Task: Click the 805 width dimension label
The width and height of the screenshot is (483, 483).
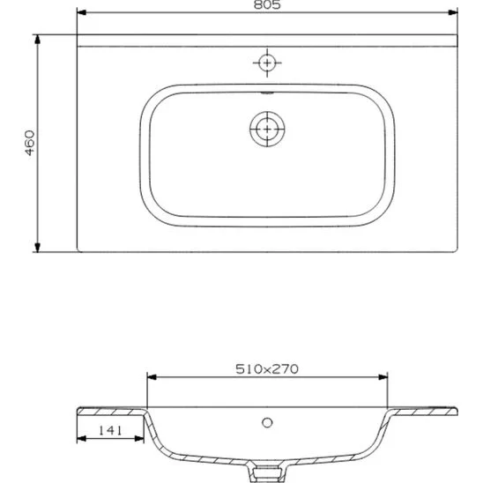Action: (268, 6)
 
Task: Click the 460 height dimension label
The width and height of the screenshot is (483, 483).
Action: (29, 143)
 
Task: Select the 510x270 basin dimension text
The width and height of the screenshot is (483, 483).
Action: (267, 369)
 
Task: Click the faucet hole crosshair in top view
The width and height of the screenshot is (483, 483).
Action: (266, 63)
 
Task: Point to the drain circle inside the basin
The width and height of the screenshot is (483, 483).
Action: (264, 128)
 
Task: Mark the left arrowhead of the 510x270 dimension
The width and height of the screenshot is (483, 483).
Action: (151, 377)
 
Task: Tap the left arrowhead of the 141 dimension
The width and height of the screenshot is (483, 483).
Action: (81, 440)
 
